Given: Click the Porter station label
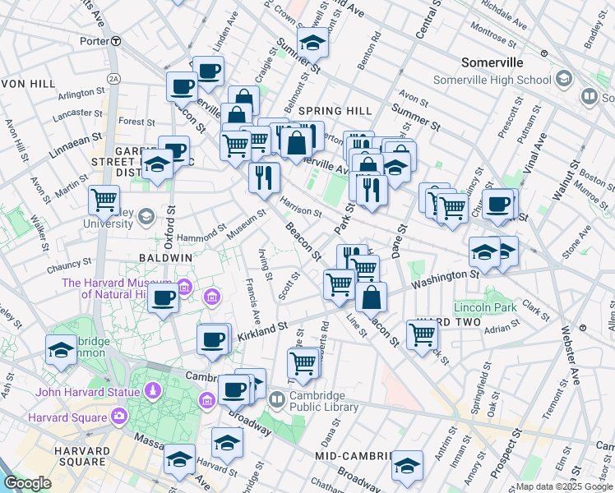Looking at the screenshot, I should pyautogui.click(x=95, y=40).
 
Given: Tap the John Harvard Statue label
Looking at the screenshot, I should pyautogui.click(x=79, y=391).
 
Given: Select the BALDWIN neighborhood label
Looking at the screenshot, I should pyautogui.click(x=165, y=257).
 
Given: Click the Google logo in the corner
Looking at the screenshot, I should pyautogui.click(x=27, y=483).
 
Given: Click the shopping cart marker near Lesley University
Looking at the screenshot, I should pyautogui.click(x=104, y=199).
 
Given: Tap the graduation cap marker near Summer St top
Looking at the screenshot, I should pyautogui.click(x=312, y=41).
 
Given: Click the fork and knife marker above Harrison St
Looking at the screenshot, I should pyautogui.click(x=264, y=176).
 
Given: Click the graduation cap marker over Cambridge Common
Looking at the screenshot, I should pyautogui.click(x=61, y=350).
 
